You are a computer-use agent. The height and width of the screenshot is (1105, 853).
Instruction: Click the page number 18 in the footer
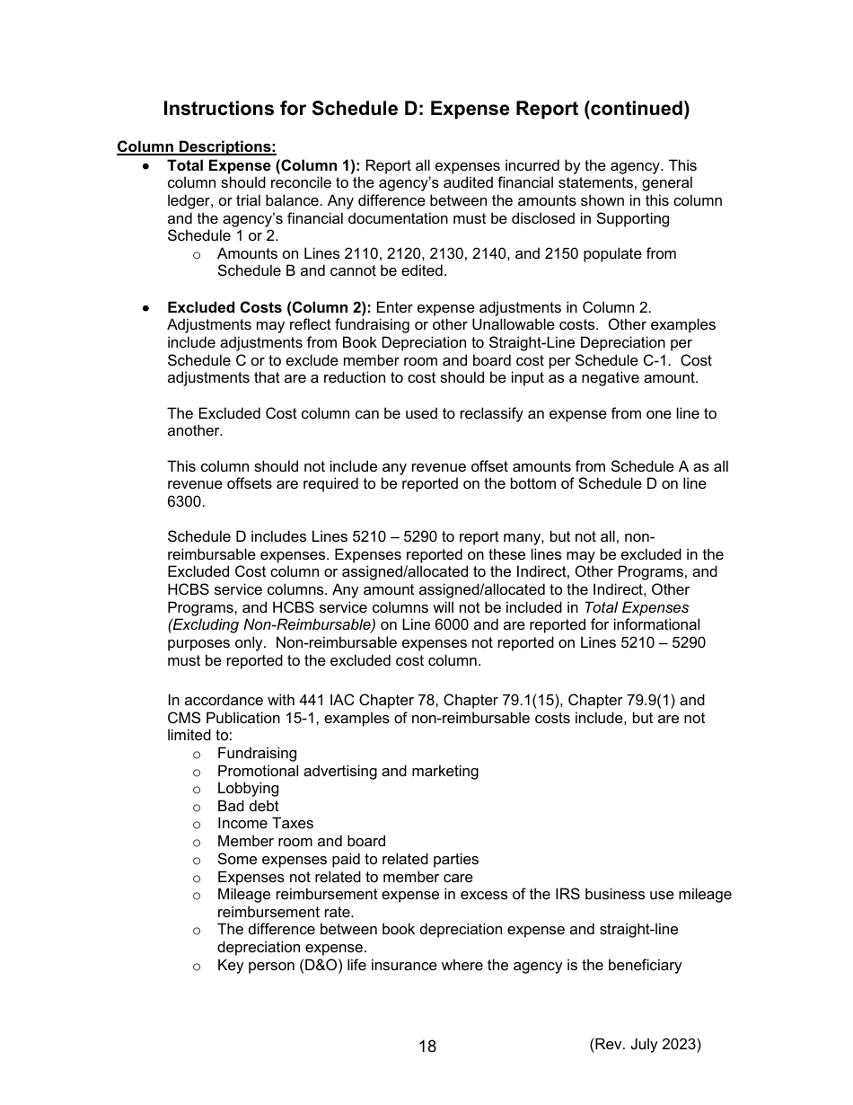pyautogui.click(x=427, y=1047)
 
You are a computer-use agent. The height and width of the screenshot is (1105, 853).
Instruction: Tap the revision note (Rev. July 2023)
pyautogui.click(x=645, y=1044)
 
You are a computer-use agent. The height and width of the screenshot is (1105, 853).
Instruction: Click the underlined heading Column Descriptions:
pyautogui.click(x=197, y=147)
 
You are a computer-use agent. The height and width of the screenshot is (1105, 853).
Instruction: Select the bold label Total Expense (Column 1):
pyautogui.click(x=264, y=165)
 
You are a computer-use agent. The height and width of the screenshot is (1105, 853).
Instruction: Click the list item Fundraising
pyautogui.click(x=257, y=754)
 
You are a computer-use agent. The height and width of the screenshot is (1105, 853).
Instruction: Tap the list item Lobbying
pyautogui.click(x=248, y=789)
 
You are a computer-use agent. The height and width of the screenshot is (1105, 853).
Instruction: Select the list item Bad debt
pyautogui.click(x=248, y=807)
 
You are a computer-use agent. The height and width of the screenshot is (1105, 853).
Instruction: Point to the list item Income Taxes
pyautogui.click(x=265, y=824)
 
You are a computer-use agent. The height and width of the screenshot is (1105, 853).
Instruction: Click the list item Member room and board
pyautogui.click(x=301, y=842)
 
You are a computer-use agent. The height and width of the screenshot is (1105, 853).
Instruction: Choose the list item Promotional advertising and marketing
pyautogui.click(x=347, y=772)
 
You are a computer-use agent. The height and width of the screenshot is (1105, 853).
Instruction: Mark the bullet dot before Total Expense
pyautogui.click(x=145, y=167)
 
